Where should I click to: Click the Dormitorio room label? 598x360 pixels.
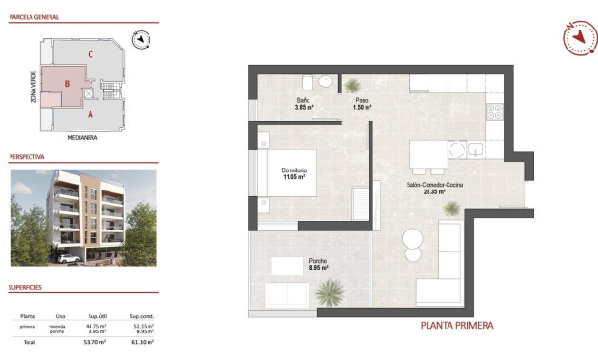[292, 173]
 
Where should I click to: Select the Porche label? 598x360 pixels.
[319, 264]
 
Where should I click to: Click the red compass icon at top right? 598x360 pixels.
[578, 37]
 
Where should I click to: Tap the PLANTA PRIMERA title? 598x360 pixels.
[457, 326]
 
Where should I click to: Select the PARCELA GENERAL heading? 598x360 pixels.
[35, 17]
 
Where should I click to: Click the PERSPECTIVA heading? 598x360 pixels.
[30, 155]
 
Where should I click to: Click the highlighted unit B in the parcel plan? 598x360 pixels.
[66, 85]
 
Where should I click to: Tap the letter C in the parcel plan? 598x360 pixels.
[90, 54]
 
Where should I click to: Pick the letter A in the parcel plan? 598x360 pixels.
[90, 114]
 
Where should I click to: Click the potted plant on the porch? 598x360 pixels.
[330, 290]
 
